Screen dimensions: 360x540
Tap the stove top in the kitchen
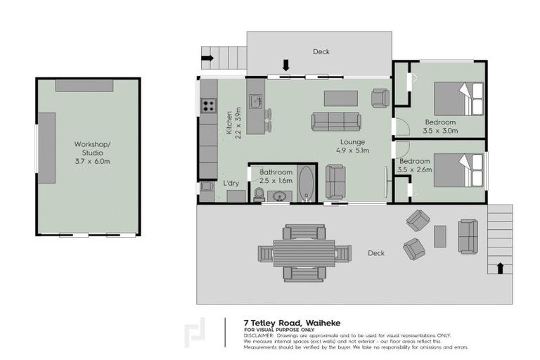pos(209,105)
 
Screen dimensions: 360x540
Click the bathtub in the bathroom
pos(307,184)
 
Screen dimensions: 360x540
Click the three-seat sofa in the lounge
pos(335,121)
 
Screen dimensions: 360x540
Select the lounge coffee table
pos(340,98)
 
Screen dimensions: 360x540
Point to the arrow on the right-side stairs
pos(500,267)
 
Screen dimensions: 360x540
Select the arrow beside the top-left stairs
pos(207,57)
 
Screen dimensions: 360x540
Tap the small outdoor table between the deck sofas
pos(440,236)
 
